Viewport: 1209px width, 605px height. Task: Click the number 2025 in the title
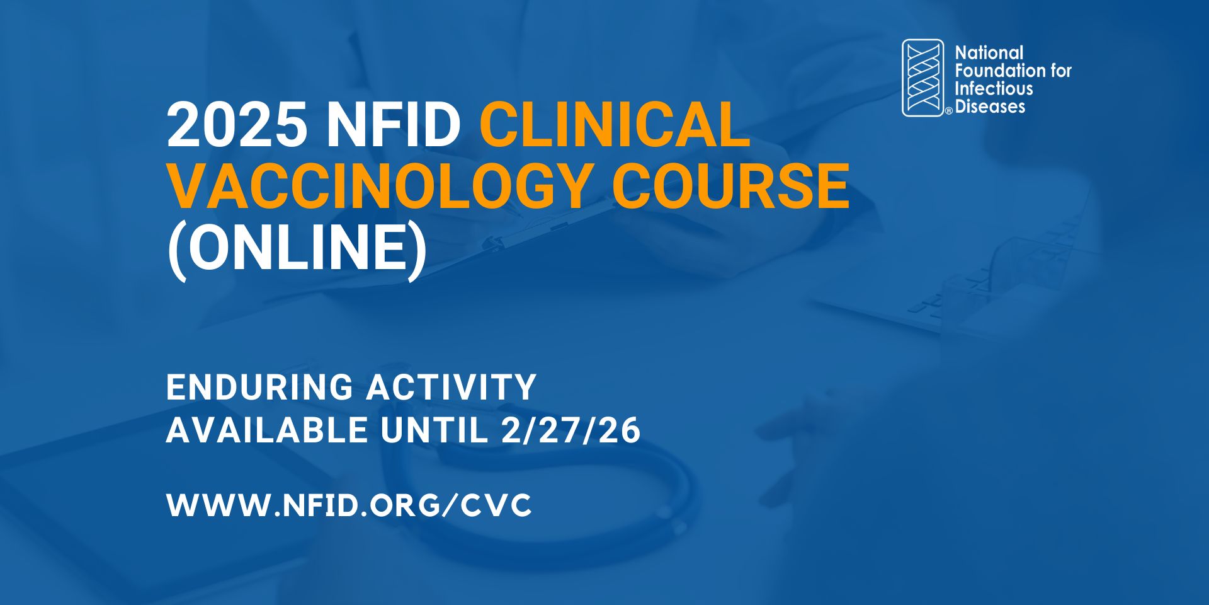[237, 125]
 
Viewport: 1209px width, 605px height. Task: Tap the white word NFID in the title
[394, 125]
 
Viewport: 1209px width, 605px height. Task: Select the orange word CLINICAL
[615, 125]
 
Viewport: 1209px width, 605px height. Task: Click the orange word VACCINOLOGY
[378, 186]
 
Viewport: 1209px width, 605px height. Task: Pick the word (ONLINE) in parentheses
[297, 247]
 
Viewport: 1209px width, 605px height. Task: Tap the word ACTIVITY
[451, 387]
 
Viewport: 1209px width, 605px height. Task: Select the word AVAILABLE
[266, 431]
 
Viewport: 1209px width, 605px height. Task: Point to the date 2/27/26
[571, 431]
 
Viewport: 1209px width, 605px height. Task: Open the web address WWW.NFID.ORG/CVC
[349, 505]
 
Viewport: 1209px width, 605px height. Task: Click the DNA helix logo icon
[922, 78]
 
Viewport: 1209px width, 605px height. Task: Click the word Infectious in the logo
[994, 88]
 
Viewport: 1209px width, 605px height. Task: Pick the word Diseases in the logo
[990, 107]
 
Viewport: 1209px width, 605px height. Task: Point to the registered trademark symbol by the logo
[948, 112]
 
